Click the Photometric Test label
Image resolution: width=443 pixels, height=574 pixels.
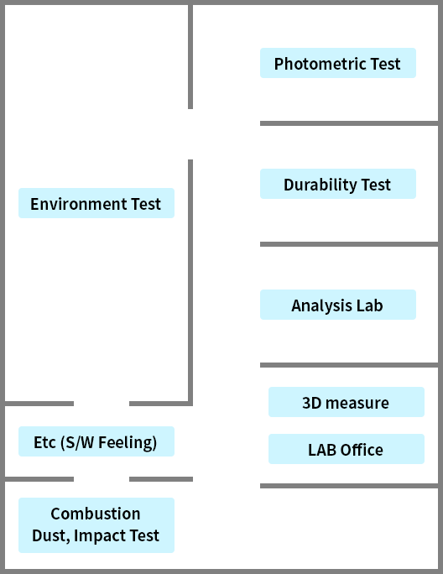(x=338, y=63)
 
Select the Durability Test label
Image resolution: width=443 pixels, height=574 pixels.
(x=338, y=184)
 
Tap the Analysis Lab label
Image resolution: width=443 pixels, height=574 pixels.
(x=338, y=305)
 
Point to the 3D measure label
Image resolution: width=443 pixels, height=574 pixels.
(x=347, y=402)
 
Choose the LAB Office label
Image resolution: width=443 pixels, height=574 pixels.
(x=347, y=449)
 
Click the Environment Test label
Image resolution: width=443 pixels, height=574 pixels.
(x=96, y=203)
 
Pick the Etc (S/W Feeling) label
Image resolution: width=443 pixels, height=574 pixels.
(x=96, y=441)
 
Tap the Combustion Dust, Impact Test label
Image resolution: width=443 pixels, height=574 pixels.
(x=96, y=525)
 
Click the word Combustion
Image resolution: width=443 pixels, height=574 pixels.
(x=96, y=514)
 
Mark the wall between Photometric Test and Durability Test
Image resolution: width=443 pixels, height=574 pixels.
(x=349, y=123)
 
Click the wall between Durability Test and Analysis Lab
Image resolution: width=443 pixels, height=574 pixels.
(x=349, y=244)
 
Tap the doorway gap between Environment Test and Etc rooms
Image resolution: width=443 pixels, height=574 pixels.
(x=102, y=404)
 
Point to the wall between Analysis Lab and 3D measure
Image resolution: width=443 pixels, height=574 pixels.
(x=349, y=365)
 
